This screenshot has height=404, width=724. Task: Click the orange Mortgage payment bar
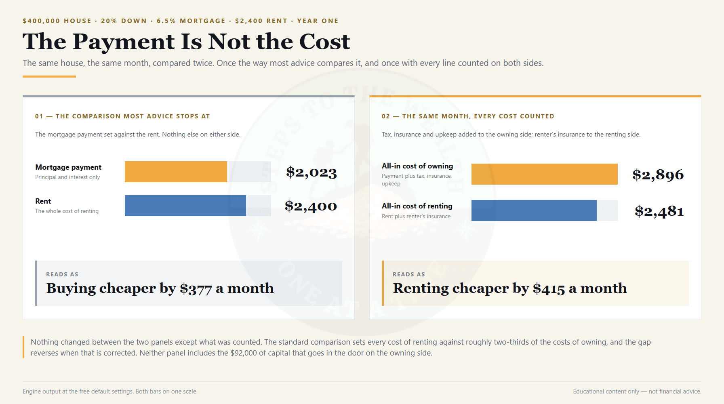[176, 172]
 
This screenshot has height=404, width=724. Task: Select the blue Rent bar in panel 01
[185, 206]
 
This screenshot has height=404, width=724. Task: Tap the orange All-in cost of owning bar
[545, 174]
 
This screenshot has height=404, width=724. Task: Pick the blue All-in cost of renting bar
[534, 210]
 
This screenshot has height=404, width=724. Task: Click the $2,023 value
[311, 173]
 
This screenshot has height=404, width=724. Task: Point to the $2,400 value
[311, 206]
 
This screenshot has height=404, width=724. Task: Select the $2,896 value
[658, 175]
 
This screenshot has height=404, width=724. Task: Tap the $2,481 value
[659, 211]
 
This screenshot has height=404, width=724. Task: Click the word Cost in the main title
[324, 42]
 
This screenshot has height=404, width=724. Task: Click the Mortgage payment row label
[68, 167]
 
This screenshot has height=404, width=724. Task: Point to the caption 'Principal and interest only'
[67, 177]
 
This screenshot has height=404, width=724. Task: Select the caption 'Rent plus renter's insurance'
[416, 216]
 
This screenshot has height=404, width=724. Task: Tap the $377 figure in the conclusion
[196, 288]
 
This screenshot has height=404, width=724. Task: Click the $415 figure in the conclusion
[549, 288]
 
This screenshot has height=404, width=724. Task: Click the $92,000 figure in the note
[244, 353]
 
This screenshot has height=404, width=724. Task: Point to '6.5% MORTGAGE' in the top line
[191, 21]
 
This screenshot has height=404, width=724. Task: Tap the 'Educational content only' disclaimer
[606, 391]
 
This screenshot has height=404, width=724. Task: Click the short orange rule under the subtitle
[49, 76]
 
